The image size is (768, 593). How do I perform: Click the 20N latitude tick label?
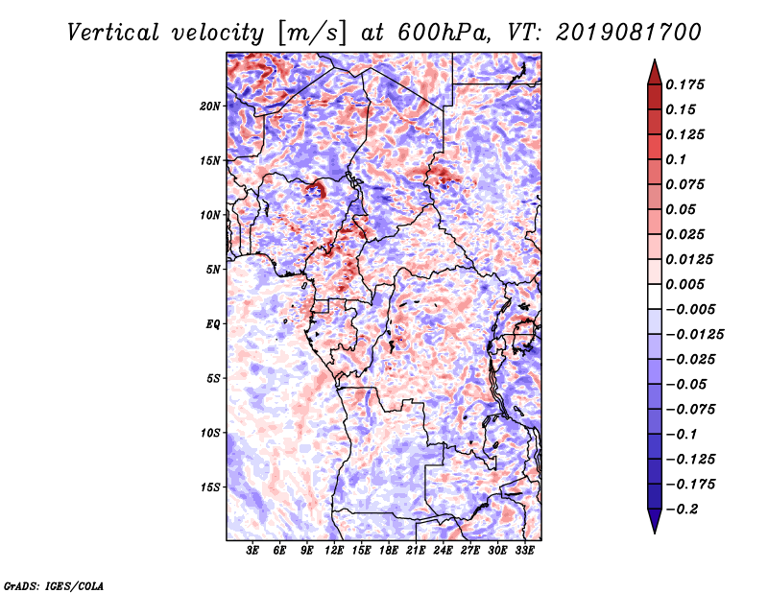[x=210, y=107]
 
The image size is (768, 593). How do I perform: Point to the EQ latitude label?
[x=212, y=324]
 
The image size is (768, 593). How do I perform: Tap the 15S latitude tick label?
[x=210, y=487]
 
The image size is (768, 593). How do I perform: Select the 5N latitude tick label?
[x=213, y=270]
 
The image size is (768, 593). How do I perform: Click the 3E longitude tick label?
[x=252, y=551]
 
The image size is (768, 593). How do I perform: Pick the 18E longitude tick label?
[x=389, y=551]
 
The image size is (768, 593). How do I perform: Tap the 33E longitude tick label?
[x=524, y=551]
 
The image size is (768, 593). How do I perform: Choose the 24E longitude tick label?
[x=443, y=551]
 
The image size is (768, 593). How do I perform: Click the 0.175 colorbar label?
[x=684, y=84]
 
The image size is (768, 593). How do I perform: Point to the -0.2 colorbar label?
[x=682, y=510]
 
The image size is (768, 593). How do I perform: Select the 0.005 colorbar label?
[x=684, y=284]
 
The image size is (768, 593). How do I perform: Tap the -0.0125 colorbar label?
[x=694, y=335]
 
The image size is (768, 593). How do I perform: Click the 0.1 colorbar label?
[x=676, y=159]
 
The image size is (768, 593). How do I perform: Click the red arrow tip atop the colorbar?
[x=655, y=60]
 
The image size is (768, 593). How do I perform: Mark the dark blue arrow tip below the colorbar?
[x=655, y=533]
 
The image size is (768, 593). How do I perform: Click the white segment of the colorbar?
[x=655, y=296]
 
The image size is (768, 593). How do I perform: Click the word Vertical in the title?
[x=113, y=33]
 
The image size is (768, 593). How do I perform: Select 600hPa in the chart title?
[x=444, y=33]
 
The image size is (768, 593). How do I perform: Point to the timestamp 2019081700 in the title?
[x=629, y=33]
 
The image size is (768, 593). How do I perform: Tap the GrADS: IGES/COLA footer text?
[x=54, y=585]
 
